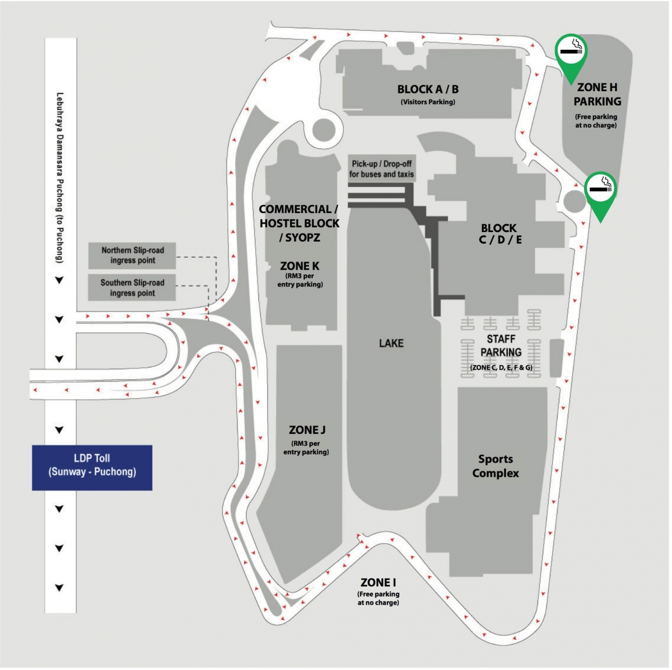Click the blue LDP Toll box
pyautogui.click(x=92, y=468)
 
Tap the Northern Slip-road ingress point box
pyautogui.click(x=132, y=255)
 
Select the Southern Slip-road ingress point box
pyautogui.click(x=132, y=287)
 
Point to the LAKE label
pyautogui.click(x=391, y=343)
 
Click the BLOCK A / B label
pyautogui.click(x=428, y=89)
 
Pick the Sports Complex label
pyautogui.click(x=496, y=466)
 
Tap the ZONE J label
pyautogui.click(x=307, y=430)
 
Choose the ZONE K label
pyautogui.click(x=300, y=266)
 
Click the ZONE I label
pyautogui.click(x=379, y=583)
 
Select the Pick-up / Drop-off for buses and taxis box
pyautogui.click(x=381, y=169)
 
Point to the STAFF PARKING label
pyautogui.click(x=501, y=346)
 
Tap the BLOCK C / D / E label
pyautogui.click(x=500, y=234)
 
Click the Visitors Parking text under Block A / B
pyautogui.click(x=428, y=102)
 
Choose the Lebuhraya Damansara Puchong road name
pyautogui.click(x=60, y=178)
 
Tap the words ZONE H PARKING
pyautogui.click(x=597, y=94)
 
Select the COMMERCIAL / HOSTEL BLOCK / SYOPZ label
pyautogui.click(x=299, y=223)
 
